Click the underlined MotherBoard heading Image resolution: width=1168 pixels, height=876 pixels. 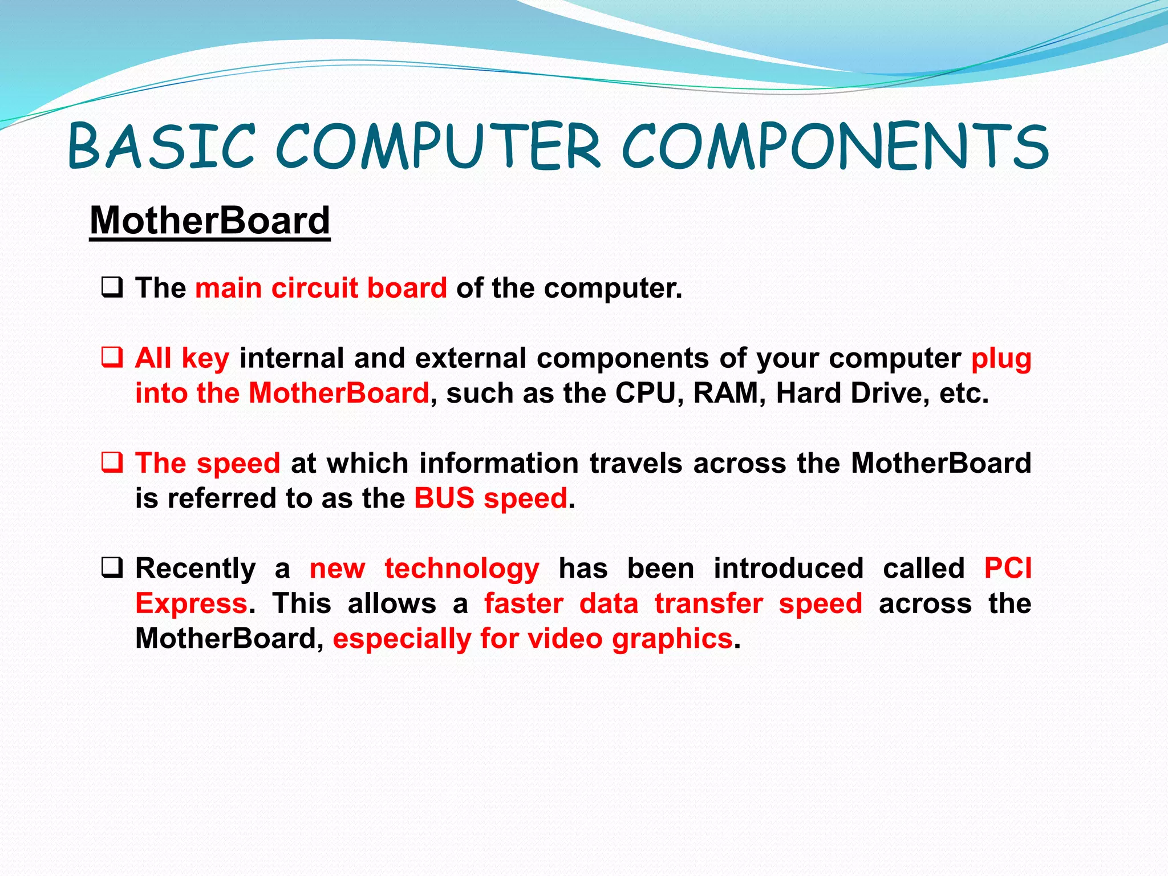[210, 221]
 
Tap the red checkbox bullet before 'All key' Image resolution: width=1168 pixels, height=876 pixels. [112, 358]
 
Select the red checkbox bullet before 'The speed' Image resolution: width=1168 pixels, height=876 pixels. [112, 462]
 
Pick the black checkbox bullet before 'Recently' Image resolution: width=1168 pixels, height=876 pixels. [112, 567]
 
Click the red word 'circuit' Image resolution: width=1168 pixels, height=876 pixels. [314, 287]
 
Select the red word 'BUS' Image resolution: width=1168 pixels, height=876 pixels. [444, 498]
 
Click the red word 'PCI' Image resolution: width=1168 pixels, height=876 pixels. [1008, 568]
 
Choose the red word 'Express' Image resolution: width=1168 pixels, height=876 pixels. [191, 603]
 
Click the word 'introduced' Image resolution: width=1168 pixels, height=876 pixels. [788, 568]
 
